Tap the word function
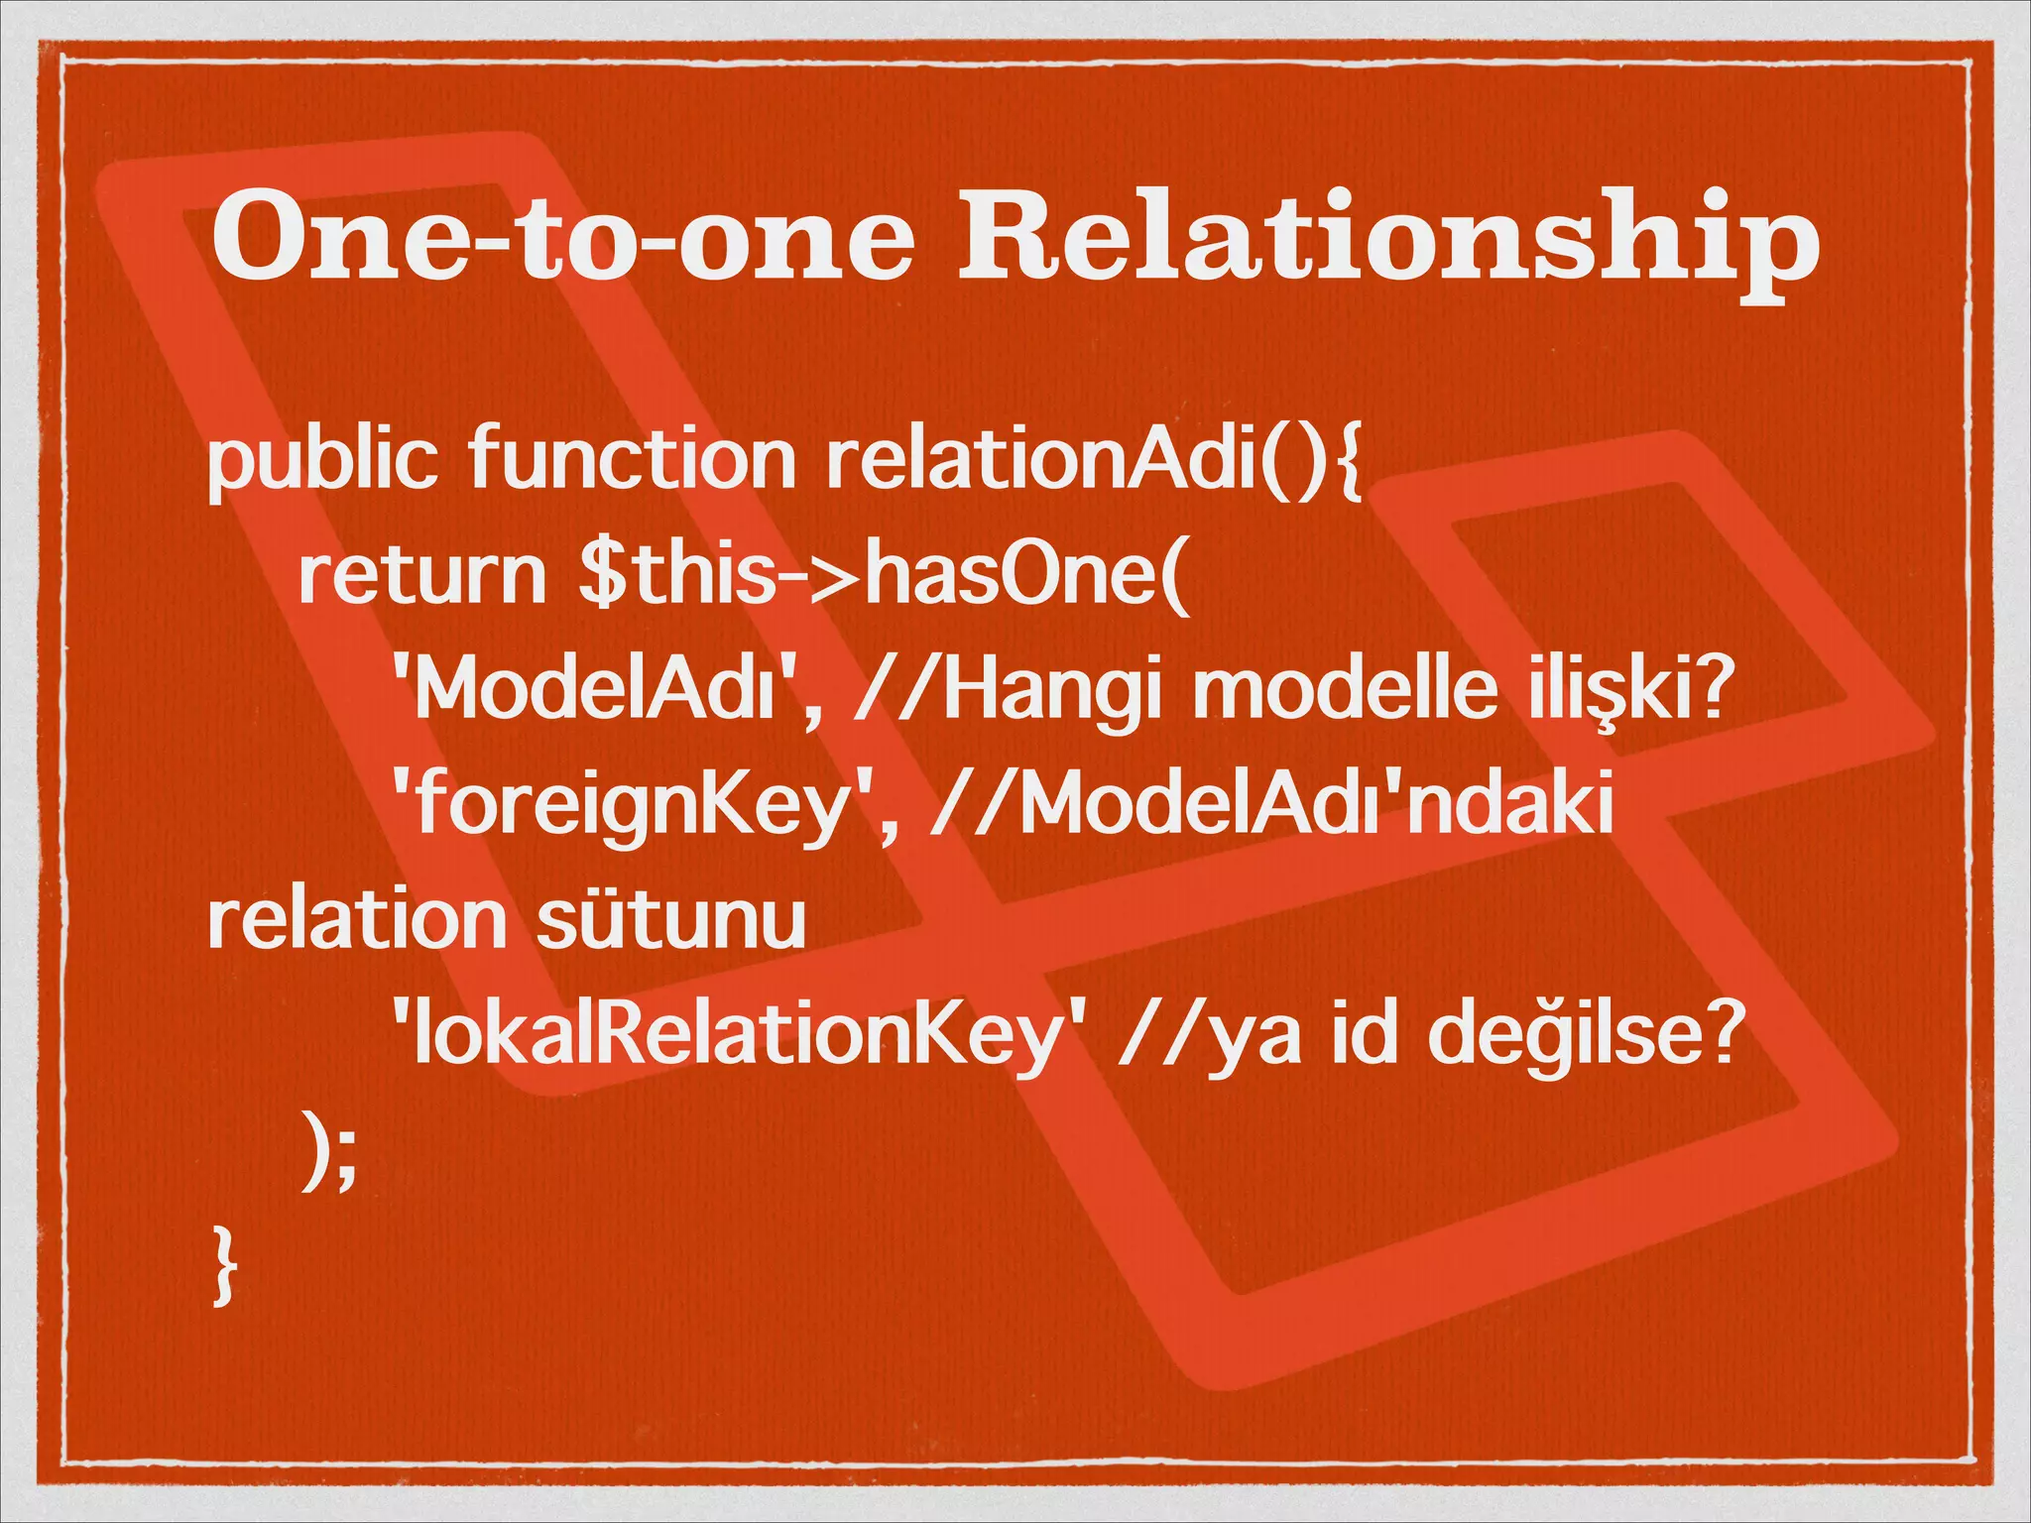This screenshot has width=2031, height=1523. (633, 460)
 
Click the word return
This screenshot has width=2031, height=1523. (422, 575)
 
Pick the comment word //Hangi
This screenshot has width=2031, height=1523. (1006, 690)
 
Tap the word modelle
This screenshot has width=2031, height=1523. (1345, 690)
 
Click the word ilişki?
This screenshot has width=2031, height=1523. (1632, 690)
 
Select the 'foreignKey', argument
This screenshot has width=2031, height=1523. (645, 805)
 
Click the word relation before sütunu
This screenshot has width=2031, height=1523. (357, 920)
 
